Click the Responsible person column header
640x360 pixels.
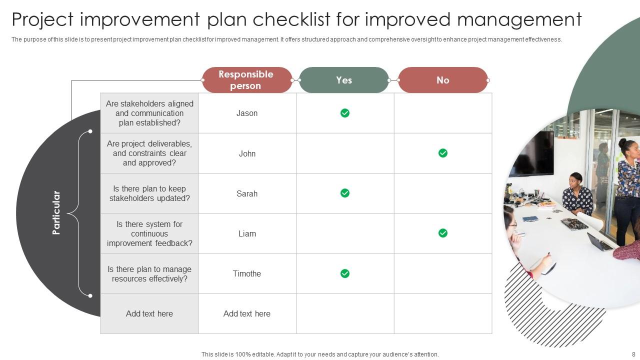246,80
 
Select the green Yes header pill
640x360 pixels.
344,80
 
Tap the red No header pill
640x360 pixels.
442,80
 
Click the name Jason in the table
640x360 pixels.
247,113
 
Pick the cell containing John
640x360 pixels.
247,153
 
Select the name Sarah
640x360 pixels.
247,193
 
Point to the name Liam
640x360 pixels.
247,233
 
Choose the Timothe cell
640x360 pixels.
247,273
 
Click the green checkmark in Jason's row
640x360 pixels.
345,113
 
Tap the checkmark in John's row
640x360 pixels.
443,153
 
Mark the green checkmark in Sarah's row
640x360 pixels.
345,193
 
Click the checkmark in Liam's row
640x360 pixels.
443,233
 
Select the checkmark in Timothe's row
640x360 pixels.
345,273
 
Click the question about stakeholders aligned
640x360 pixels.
149,113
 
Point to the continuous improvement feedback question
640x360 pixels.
149,233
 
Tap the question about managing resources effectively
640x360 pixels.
149,273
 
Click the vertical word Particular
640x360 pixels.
56,212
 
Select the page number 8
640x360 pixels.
633,354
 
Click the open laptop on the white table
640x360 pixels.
599,242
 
